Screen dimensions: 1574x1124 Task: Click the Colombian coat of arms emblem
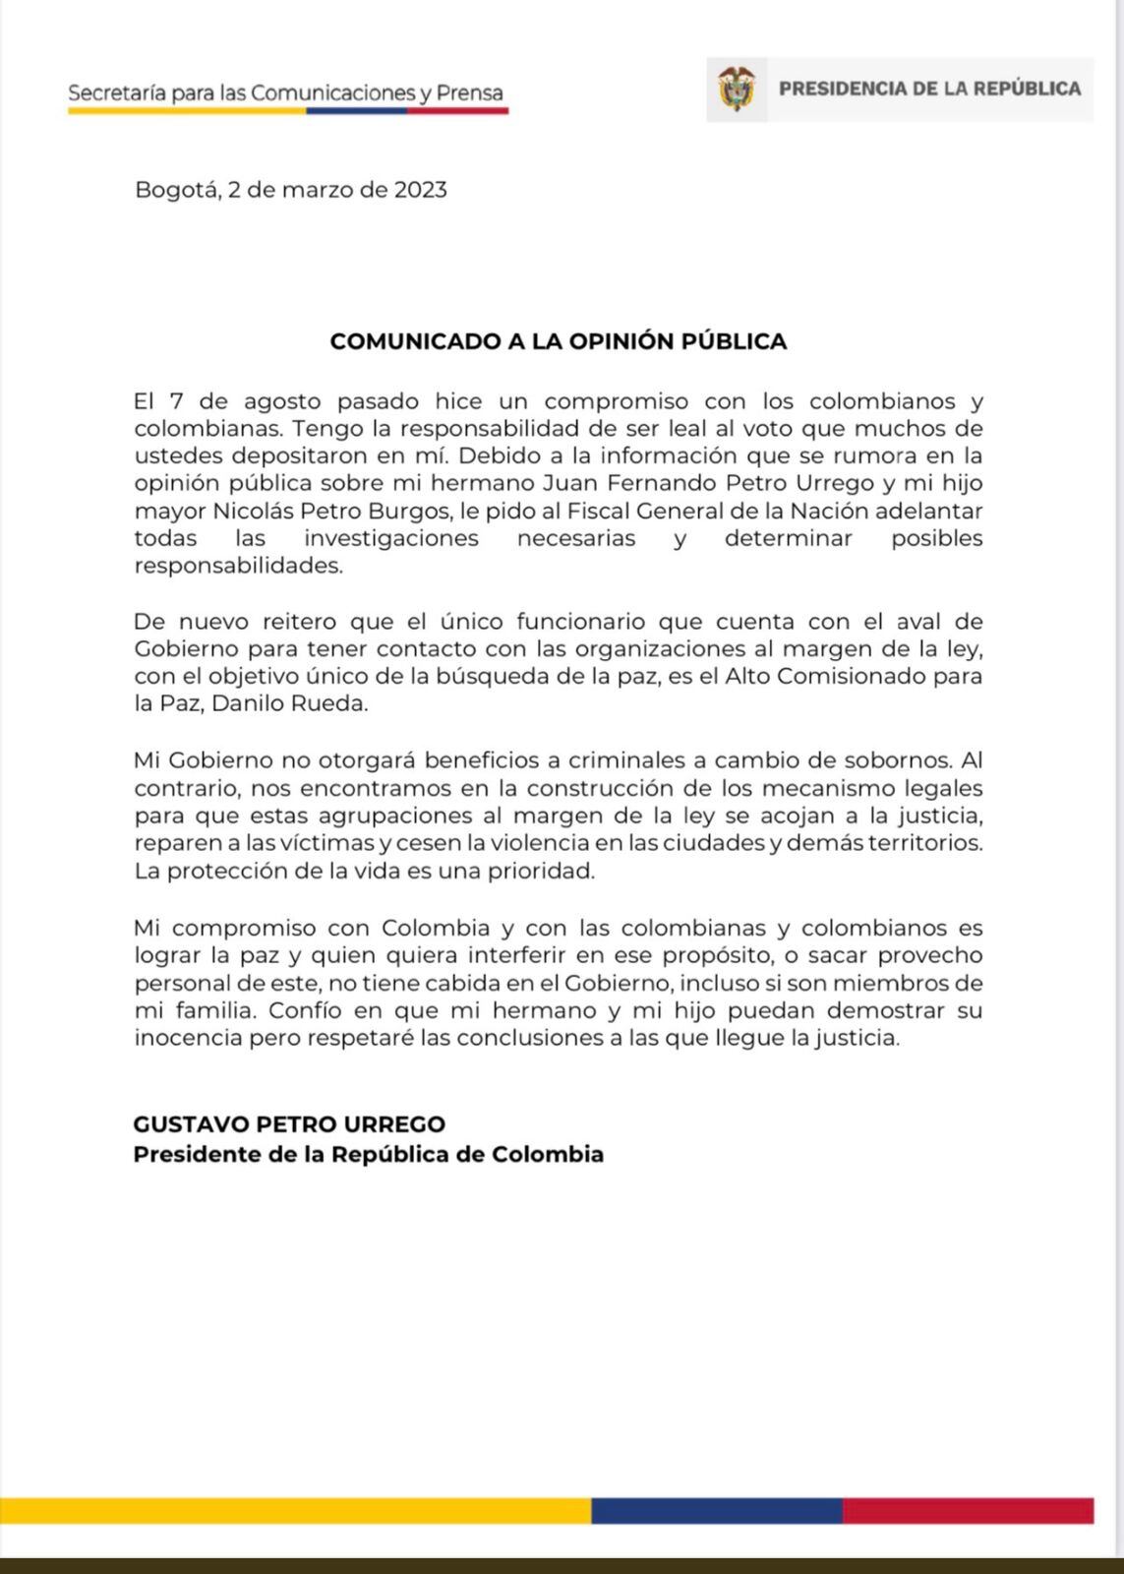(x=737, y=89)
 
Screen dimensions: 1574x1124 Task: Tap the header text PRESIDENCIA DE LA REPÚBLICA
(x=929, y=89)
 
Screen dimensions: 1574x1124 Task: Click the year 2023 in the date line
(x=420, y=189)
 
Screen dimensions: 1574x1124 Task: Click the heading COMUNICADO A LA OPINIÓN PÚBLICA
(x=559, y=341)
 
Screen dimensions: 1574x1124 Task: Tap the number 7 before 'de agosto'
(x=177, y=401)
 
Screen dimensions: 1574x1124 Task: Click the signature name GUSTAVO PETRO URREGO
(x=289, y=1123)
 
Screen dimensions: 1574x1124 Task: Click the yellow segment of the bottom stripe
(x=295, y=1510)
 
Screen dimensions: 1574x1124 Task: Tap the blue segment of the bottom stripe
(x=716, y=1510)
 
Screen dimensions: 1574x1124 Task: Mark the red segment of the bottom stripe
(x=968, y=1510)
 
